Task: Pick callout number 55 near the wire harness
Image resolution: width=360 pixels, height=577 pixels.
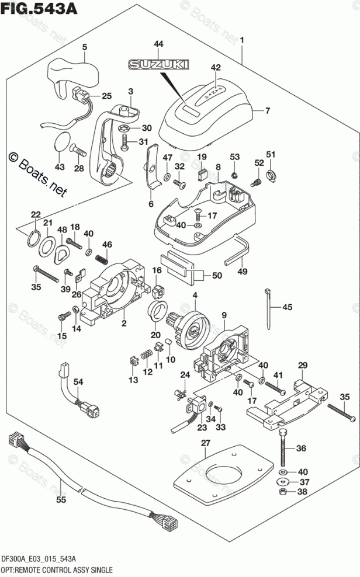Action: tap(61, 499)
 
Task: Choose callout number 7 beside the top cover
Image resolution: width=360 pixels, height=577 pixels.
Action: tap(267, 110)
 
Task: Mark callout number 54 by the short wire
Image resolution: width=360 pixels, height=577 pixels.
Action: tap(78, 381)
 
